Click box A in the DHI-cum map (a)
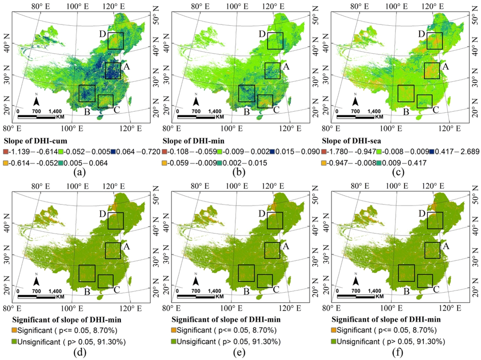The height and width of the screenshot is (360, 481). (x=113, y=70)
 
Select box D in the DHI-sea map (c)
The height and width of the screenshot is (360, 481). (x=434, y=41)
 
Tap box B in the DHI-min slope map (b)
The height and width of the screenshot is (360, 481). (x=246, y=93)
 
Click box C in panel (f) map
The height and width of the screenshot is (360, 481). (x=425, y=281)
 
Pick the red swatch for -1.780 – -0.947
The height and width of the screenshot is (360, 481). (x=325, y=151)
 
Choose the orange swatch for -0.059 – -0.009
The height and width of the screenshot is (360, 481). (x=165, y=163)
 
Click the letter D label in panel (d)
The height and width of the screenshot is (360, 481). (x=102, y=214)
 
